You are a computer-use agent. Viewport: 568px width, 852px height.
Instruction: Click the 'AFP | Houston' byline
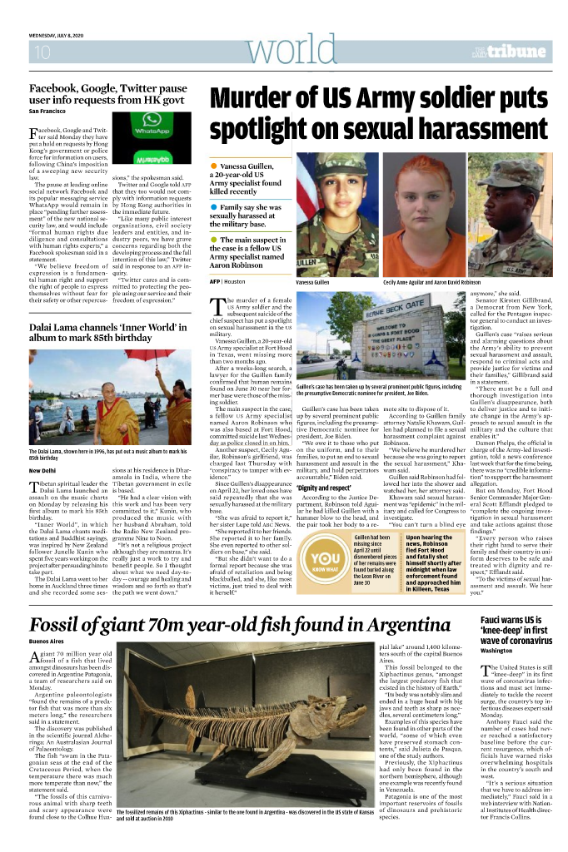click(x=227, y=283)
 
